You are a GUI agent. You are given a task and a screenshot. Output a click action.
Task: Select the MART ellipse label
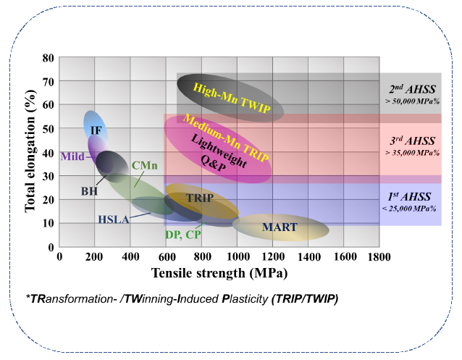coord(280,227)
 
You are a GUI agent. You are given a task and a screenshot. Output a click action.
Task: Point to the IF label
coord(96,130)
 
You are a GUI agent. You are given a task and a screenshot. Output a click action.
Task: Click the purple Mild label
coord(72,156)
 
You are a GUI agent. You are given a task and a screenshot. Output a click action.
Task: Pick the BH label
coord(90,191)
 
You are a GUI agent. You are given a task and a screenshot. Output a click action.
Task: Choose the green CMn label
coord(145,166)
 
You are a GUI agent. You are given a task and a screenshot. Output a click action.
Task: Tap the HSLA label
coord(114,219)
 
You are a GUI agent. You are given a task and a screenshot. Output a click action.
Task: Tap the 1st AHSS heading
coord(411,196)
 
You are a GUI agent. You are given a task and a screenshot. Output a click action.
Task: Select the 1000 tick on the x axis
coord(238,256)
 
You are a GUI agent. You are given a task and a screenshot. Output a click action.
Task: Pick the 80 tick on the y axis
coord(49,58)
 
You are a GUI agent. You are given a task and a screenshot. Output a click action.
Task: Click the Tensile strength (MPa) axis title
coord(219,273)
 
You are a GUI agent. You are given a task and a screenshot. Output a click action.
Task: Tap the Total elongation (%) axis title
coord(31,152)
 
